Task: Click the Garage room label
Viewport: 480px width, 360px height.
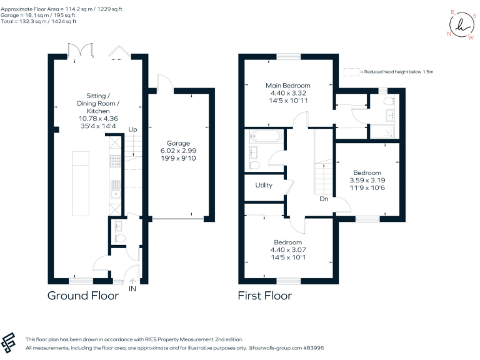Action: pyautogui.click(x=178, y=143)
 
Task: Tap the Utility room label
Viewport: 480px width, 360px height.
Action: pyautogui.click(x=263, y=186)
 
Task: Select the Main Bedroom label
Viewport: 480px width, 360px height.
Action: pyautogui.click(x=287, y=86)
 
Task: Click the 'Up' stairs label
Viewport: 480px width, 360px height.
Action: pyautogui.click(x=132, y=129)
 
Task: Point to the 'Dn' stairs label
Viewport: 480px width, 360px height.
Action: pyautogui.click(x=324, y=199)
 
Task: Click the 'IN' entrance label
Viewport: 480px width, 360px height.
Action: pyautogui.click(x=132, y=289)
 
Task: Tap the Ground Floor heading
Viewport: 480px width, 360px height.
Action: pyautogui.click(x=83, y=296)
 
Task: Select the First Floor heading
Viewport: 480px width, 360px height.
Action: pyautogui.click(x=264, y=296)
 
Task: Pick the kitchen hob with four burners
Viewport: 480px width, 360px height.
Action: pyautogui.click(x=116, y=162)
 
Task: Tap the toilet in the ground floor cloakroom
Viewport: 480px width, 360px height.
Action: pyautogui.click(x=121, y=238)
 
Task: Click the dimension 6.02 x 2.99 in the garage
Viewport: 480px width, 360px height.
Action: pyautogui.click(x=178, y=151)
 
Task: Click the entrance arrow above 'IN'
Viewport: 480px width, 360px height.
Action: pyautogui.click(x=132, y=281)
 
